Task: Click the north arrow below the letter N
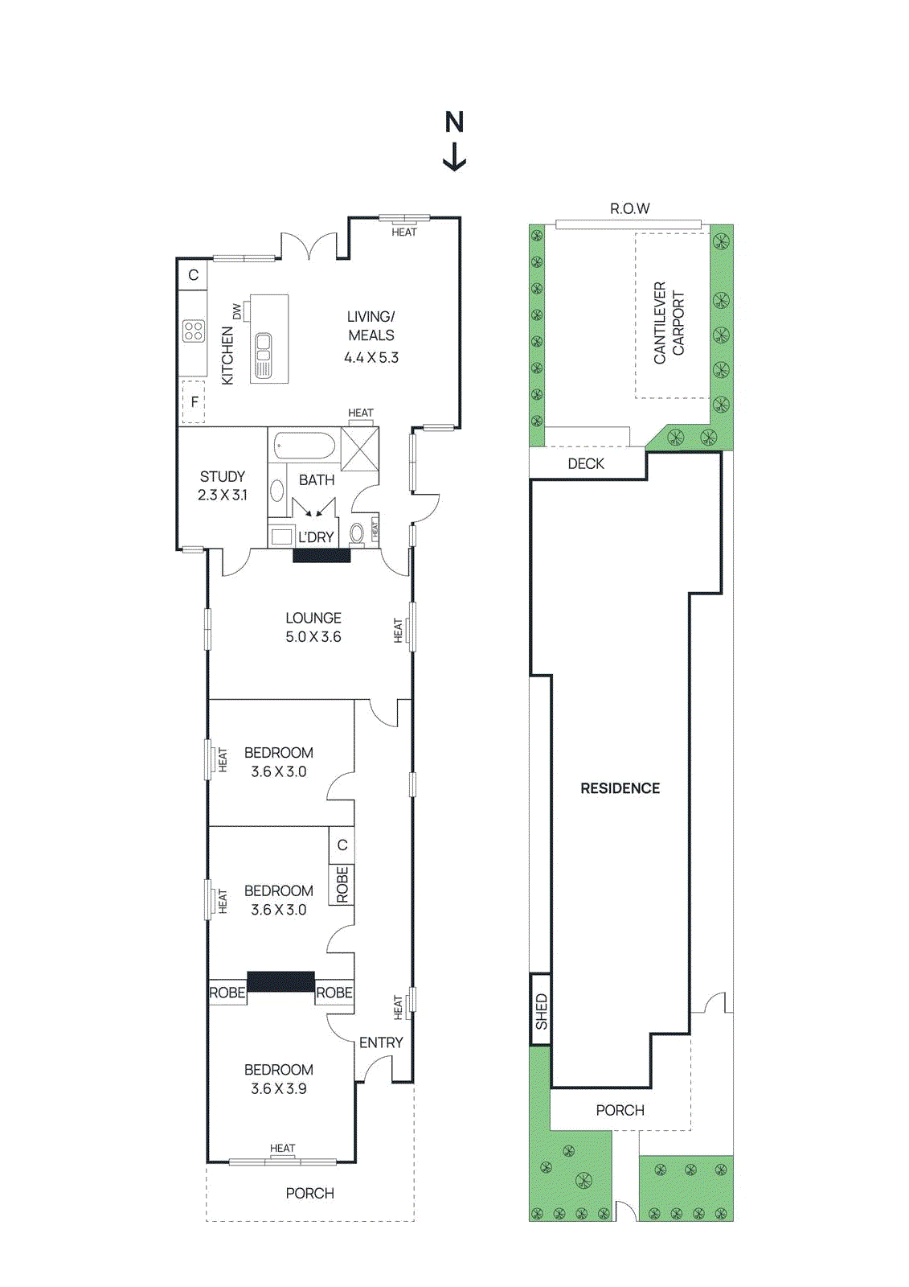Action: point(455,157)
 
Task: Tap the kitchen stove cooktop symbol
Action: point(193,331)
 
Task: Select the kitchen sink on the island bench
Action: point(263,355)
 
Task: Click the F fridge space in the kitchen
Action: point(194,401)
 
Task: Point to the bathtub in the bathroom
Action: point(305,444)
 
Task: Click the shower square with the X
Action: point(359,449)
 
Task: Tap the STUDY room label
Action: point(222,476)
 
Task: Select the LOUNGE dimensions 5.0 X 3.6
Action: point(313,636)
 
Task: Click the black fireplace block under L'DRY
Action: point(321,555)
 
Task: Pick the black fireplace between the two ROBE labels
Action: point(280,981)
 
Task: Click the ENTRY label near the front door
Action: point(381,1042)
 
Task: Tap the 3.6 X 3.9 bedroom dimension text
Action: point(278,1088)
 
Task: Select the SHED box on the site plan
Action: point(541,1010)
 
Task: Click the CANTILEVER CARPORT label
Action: point(669,322)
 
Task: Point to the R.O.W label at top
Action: point(629,208)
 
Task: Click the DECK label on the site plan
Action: point(586,463)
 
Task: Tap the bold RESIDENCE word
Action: point(620,788)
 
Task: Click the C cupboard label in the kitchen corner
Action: point(193,275)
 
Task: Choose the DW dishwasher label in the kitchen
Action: point(236,311)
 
